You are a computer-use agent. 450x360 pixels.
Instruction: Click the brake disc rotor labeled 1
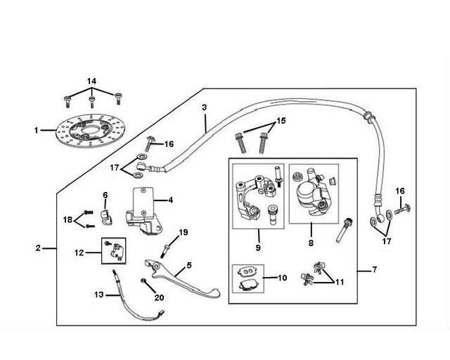pos(91,131)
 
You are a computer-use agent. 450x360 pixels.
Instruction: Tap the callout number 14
pos(91,82)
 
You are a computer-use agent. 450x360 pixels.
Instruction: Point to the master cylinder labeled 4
pos(143,210)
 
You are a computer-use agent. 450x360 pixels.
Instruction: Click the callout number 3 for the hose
pos(204,108)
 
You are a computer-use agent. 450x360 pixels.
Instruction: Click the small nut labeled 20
pos(143,281)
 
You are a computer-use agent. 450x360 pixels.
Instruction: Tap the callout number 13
pos(98,295)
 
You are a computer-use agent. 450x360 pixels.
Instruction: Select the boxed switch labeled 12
pos(114,251)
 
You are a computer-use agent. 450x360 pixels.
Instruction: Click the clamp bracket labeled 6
pos(106,217)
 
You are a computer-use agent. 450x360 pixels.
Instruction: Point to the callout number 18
pos(67,220)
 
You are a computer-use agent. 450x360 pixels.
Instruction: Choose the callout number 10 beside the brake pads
pos(283,278)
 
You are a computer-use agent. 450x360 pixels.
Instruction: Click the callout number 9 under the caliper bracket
pos(258,247)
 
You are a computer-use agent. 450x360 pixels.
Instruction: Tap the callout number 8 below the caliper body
pos(311,243)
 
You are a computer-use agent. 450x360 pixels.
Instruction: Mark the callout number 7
pos(374,269)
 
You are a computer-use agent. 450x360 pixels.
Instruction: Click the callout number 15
pos(281,120)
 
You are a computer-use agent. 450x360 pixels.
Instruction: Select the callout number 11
pos(340,282)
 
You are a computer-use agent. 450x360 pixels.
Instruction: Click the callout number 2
pos(38,247)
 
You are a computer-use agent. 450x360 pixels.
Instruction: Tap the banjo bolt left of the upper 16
pos(149,144)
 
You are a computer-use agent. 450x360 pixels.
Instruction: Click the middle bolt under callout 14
pos(91,102)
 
